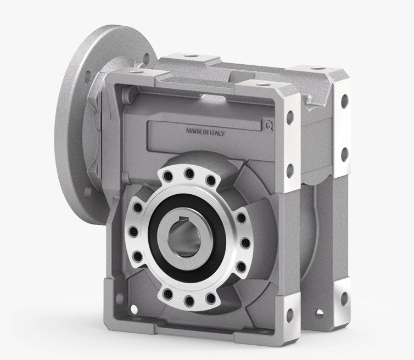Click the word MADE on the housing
[194, 131]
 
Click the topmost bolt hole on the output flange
[189, 173]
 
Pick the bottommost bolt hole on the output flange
[189, 300]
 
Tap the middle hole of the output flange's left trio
[133, 232]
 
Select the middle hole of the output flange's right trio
[246, 243]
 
